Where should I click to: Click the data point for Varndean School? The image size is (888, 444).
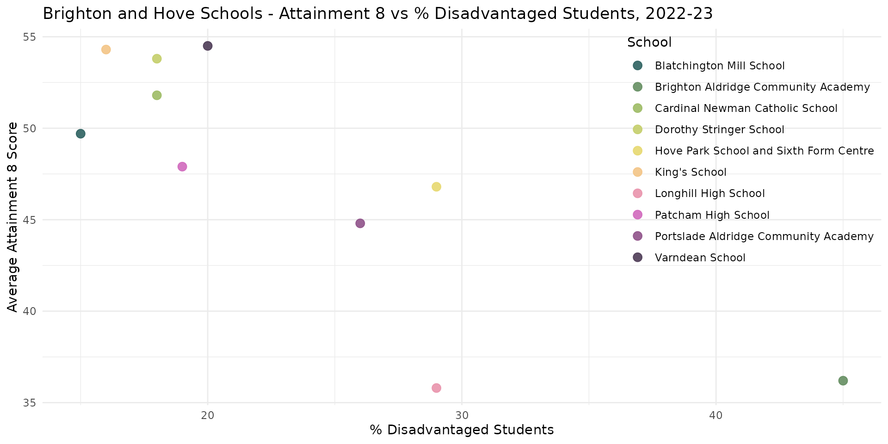click(x=208, y=46)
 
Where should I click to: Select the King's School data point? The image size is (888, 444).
click(x=106, y=49)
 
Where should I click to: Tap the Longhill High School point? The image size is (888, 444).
click(x=436, y=388)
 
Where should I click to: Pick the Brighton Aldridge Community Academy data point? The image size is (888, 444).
click(x=843, y=381)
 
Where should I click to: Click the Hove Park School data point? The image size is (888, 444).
click(x=436, y=187)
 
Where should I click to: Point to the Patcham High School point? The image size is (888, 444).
click(x=182, y=166)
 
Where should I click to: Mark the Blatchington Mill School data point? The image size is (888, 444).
click(x=80, y=134)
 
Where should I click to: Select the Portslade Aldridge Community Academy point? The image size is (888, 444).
click(x=360, y=223)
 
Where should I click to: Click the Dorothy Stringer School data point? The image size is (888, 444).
click(x=157, y=59)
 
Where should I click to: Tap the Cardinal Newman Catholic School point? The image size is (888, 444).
click(x=157, y=95)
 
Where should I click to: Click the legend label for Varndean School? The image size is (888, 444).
click(x=700, y=258)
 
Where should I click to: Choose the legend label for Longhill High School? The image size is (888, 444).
click(x=709, y=193)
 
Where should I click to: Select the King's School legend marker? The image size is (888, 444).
click(x=638, y=172)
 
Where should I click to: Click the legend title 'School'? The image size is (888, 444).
click(x=649, y=43)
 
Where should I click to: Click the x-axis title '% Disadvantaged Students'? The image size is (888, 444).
click(x=462, y=430)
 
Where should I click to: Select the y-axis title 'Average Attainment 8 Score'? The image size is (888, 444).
click(x=13, y=217)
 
